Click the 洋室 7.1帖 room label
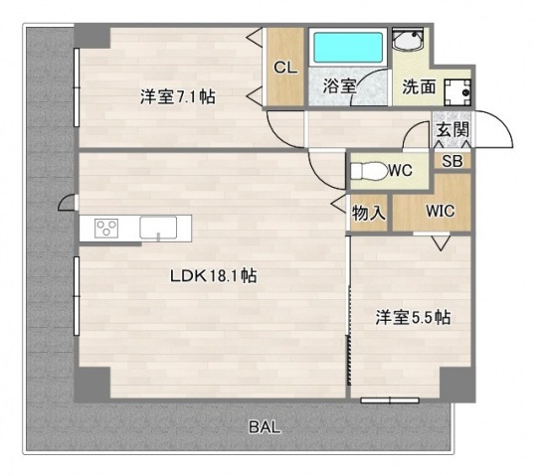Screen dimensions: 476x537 (178, 97)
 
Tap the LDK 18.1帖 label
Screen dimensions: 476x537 (213, 276)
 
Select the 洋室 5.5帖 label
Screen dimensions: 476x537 (414, 318)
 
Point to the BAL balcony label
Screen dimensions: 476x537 (264, 428)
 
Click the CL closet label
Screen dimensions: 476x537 (285, 68)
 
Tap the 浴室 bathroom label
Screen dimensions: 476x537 (340, 85)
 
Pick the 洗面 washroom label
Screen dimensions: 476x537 (419, 86)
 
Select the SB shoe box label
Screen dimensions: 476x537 (451, 160)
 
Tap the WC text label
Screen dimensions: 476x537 (401, 171)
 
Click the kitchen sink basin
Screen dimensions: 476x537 (157, 228)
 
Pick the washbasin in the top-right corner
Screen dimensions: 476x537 (408, 42)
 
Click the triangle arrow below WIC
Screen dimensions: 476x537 (440, 241)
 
